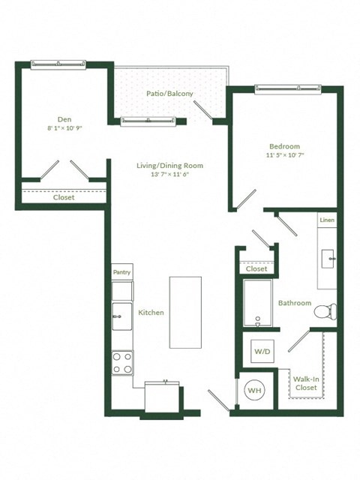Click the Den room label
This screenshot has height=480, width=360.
tap(64, 118)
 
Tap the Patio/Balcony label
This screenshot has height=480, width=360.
tap(169, 94)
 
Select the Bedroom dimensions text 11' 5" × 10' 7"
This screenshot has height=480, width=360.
tap(284, 155)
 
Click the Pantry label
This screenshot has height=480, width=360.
tap(121, 273)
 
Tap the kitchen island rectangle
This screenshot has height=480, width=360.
tap(184, 312)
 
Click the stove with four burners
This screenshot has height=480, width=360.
tap(122, 363)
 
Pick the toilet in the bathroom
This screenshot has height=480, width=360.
tap(325, 310)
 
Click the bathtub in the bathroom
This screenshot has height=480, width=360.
tap(259, 304)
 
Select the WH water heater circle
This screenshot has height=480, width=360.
tap(254, 391)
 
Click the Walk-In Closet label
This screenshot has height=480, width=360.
tap(305, 383)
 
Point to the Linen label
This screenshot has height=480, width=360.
tap(326, 220)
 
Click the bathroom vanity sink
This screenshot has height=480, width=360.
tap(328, 259)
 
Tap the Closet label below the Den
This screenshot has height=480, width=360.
tap(64, 198)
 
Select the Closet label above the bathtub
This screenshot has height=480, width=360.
tap(256, 268)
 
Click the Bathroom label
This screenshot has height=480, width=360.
tap(295, 303)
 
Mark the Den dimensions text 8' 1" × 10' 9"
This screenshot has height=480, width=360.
tap(64, 128)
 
